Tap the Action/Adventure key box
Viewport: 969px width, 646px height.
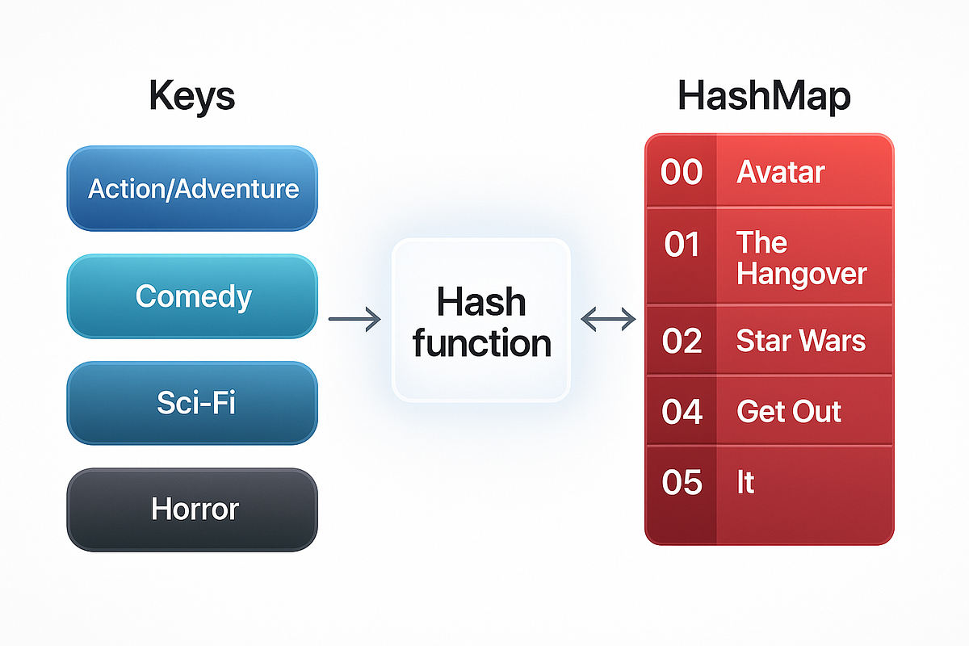coord(192,189)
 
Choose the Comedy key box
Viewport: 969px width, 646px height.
coord(192,296)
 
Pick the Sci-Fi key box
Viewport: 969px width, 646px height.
coord(192,403)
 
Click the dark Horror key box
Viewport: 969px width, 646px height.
coord(192,510)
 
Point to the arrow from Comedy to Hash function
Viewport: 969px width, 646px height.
coord(354,321)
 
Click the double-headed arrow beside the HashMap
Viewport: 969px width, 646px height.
coord(608,321)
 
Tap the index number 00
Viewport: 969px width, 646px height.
coord(682,172)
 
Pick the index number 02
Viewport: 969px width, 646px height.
coord(682,341)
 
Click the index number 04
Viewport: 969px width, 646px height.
coord(682,412)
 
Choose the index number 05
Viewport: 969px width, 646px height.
coord(682,483)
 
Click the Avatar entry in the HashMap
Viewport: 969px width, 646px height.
coord(780,172)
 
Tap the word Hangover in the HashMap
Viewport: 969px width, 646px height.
coord(801,274)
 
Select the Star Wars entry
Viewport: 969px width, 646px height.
coord(800,341)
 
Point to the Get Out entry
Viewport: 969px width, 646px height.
coord(789,412)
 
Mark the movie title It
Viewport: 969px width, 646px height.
coord(745,483)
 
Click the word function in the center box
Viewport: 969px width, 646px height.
coord(481,343)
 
